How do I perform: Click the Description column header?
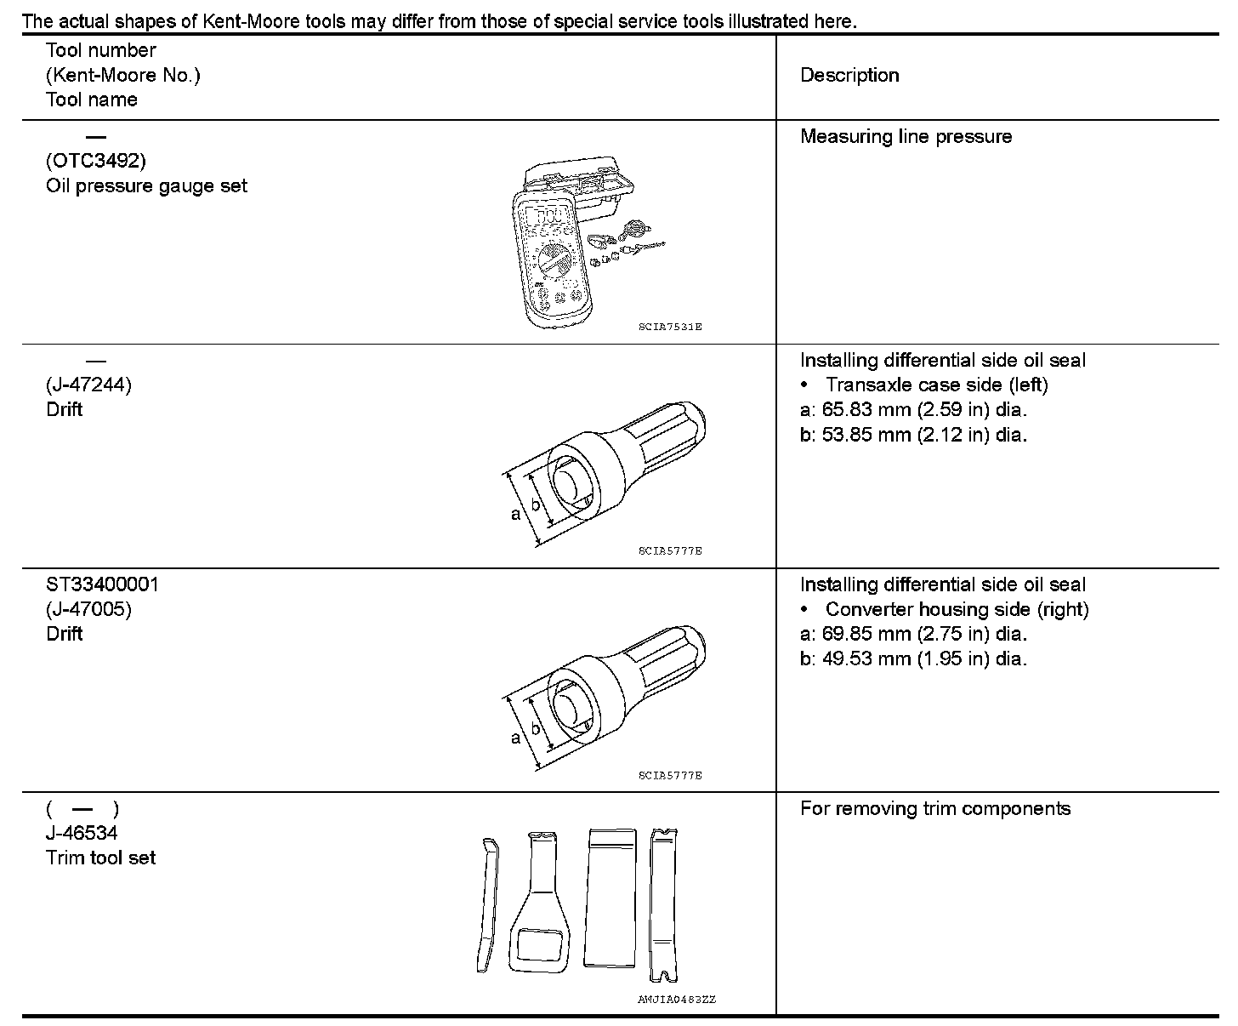tap(849, 75)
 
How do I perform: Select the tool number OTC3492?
tap(95, 161)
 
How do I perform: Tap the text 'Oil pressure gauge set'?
tap(146, 185)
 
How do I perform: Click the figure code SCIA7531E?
tap(670, 327)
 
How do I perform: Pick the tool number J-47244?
tap(88, 385)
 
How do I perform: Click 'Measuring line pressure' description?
tap(906, 137)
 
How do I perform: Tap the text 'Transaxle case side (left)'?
tap(936, 385)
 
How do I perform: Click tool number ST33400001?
tap(102, 584)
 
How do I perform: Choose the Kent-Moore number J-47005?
tap(88, 609)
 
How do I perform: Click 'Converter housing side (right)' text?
tap(957, 610)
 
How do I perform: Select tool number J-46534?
tap(82, 833)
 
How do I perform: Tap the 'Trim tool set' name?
tap(100, 858)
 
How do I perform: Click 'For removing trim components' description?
tap(935, 808)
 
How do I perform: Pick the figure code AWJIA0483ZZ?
tap(677, 1000)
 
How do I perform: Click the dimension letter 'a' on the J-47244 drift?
tap(515, 514)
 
